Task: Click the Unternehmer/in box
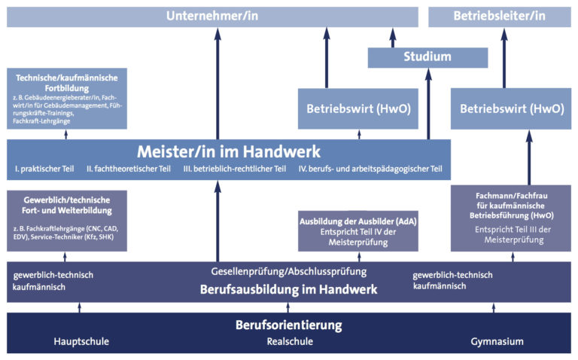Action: tap(212, 16)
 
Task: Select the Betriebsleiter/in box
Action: tap(497, 16)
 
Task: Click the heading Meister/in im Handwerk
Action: tap(228, 151)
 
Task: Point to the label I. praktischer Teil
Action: tap(44, 169)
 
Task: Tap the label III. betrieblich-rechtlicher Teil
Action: tap(236, 169)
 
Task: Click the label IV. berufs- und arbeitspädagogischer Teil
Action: tap(370, 169)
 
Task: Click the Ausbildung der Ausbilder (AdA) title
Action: tap(358, 221)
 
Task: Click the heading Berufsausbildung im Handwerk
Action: tap(288, 289)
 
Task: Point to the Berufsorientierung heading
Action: tap(288, 325)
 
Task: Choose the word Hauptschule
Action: tap(81, 342)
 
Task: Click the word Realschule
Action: tap(290, 342)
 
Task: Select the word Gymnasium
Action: tap(497, 342)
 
